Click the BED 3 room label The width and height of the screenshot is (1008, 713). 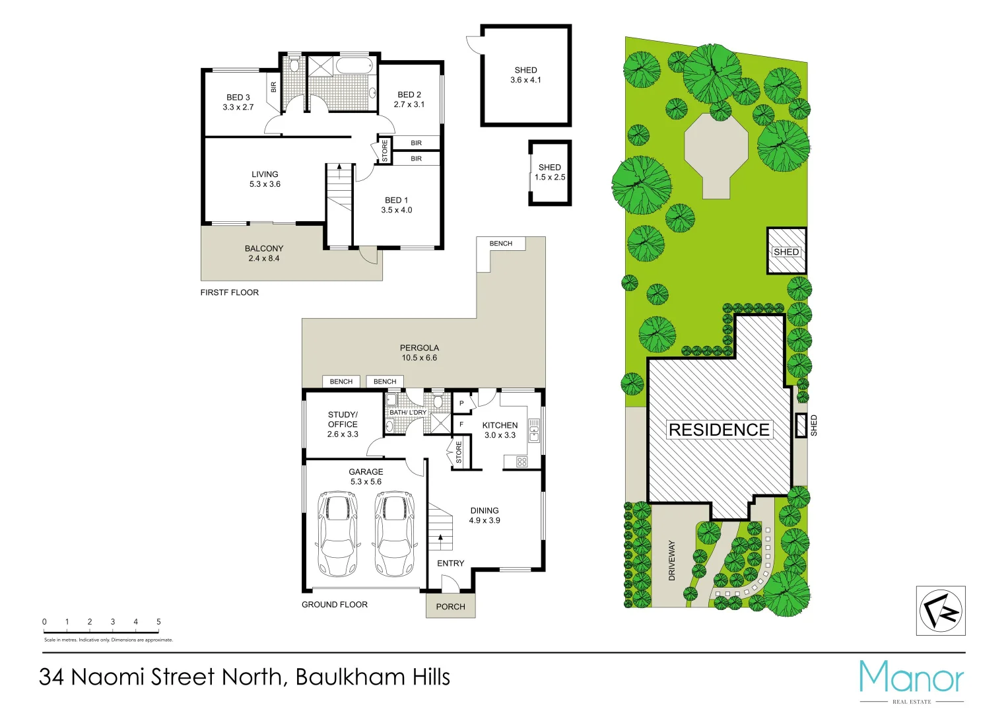238,102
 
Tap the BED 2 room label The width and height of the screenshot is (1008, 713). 409,99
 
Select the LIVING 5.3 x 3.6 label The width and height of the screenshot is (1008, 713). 265,179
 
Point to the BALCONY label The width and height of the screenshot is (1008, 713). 264,253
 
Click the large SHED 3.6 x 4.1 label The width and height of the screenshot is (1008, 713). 525,75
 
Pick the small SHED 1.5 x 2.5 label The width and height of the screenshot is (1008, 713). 549,172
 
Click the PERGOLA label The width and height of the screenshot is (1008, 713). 419,353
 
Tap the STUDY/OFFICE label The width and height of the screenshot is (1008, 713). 343,424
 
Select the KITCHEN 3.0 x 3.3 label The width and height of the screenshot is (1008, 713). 500,430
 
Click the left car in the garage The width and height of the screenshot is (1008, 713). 337,533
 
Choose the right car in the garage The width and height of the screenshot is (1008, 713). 394,533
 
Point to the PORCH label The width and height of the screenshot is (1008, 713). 450,606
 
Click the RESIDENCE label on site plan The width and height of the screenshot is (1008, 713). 719,430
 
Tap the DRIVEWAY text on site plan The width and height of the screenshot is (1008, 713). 672,560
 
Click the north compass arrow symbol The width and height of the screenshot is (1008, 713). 941,611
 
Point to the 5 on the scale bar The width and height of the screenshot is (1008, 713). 158,621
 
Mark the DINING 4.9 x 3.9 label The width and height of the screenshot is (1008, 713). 485,515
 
